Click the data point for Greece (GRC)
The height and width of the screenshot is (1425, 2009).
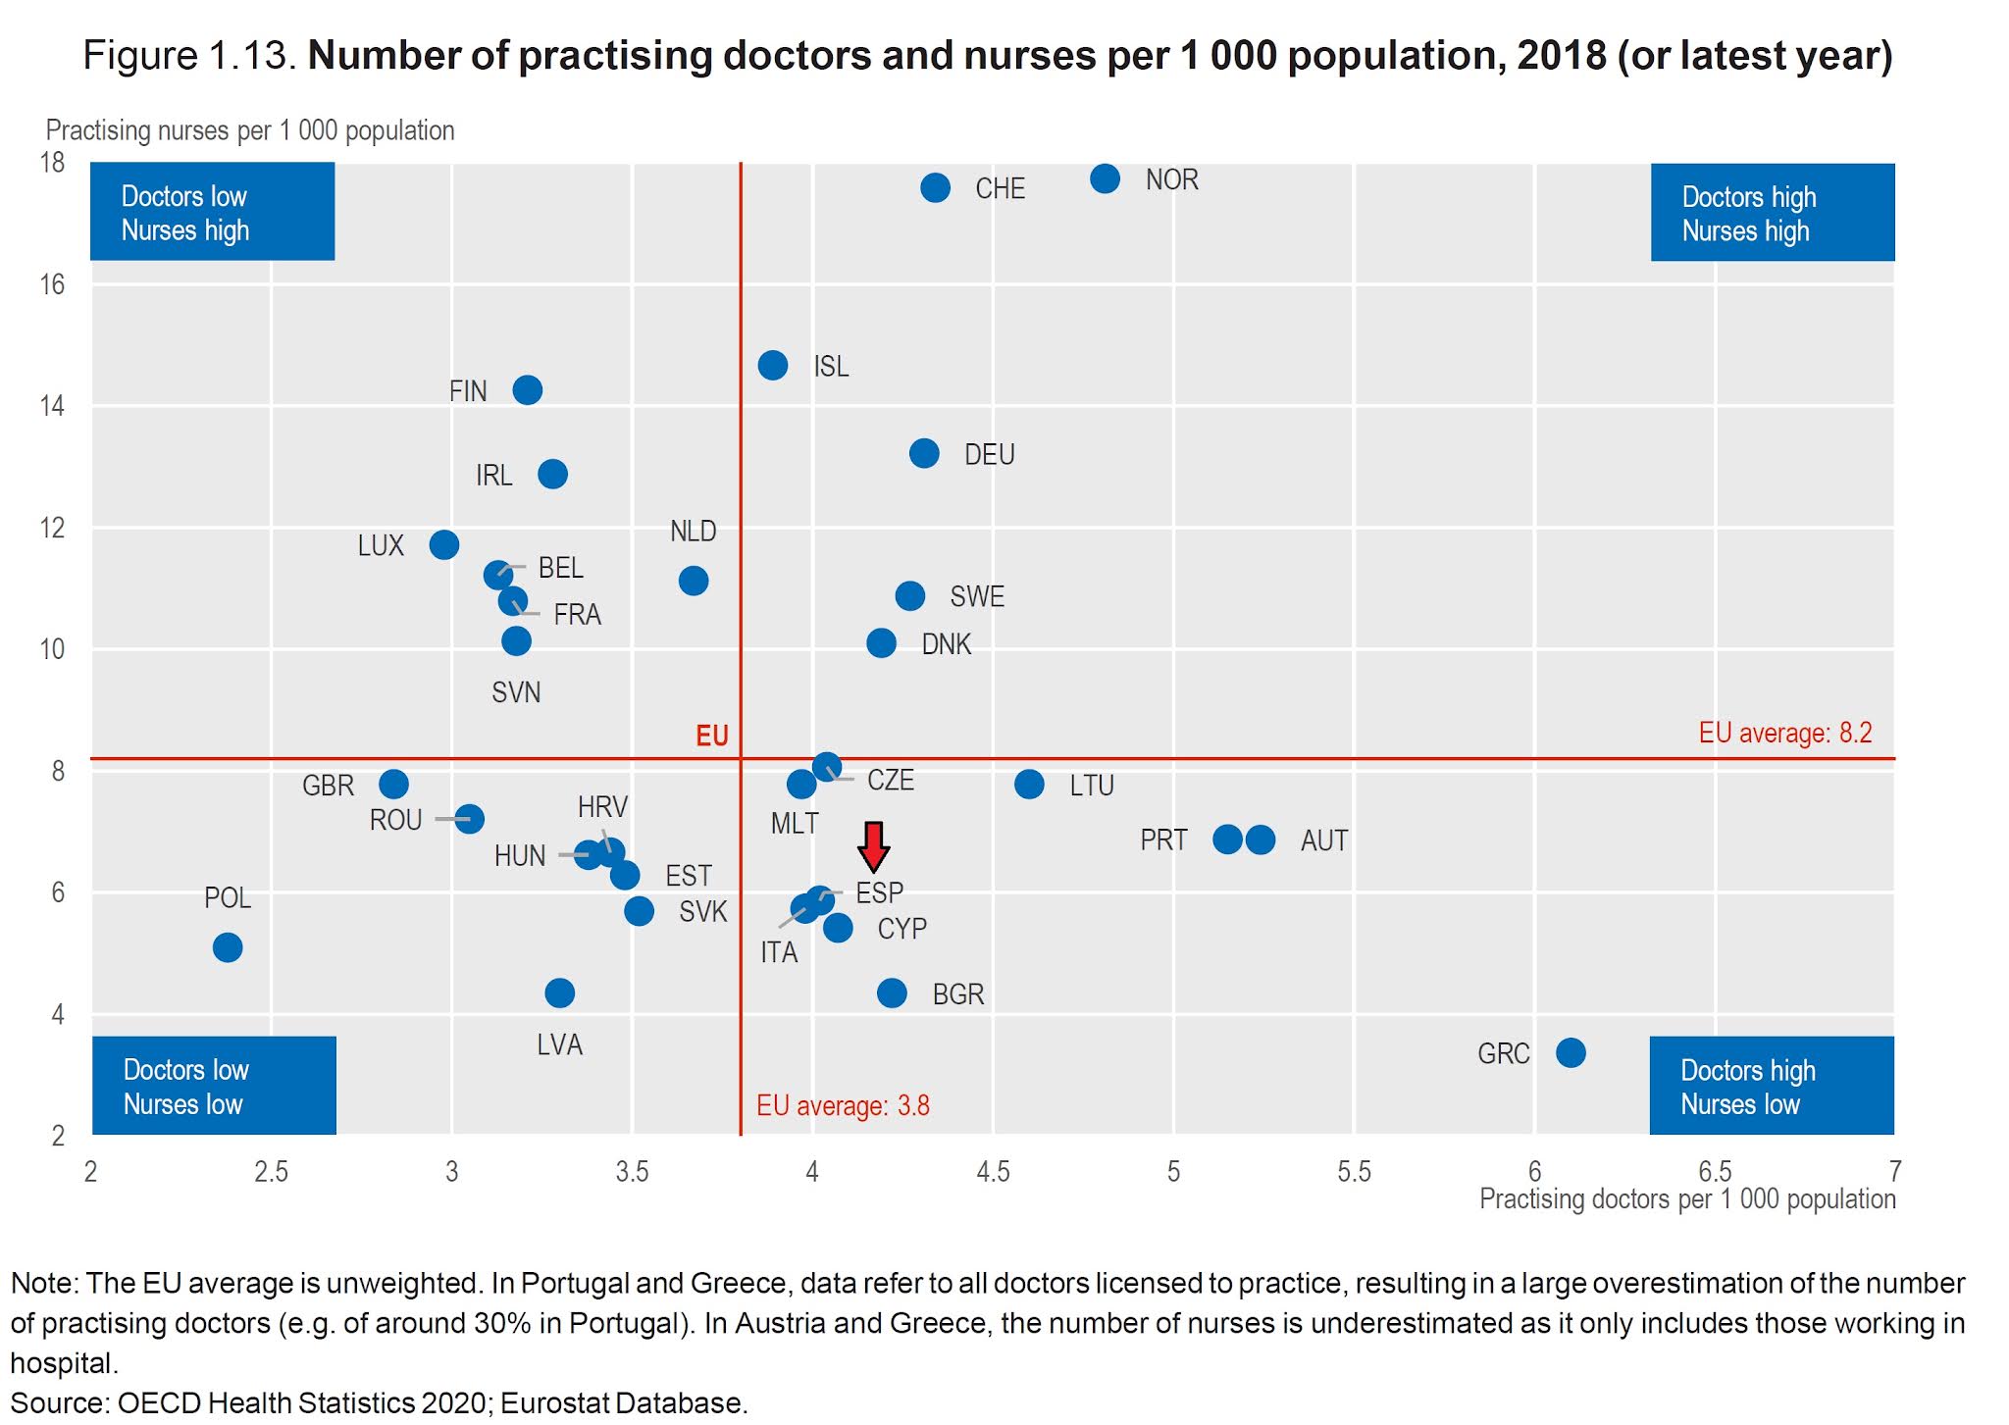[x=1571, y=1052]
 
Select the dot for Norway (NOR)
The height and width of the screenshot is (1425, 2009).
[x=1105, y=178]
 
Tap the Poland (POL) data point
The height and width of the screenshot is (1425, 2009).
[x=228, y=947]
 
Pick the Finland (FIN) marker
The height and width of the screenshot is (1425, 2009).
[x=528, y=390]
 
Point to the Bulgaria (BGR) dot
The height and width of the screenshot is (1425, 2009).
[x=892, y=992]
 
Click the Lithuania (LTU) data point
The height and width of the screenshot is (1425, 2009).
[x=1029, y=784]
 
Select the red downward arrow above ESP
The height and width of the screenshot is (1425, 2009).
[x=873, y=846]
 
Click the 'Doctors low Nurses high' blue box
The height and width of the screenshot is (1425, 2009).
[x=212, y=212]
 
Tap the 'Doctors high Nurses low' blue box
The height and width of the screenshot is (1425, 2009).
[x=1772, y=1086]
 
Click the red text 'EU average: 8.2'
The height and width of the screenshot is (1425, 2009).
[x=1784, y=733]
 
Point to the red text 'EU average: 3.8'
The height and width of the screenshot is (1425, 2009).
[x=843, y=1105]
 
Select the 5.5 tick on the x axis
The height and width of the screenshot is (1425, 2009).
[x=1354, y=1171]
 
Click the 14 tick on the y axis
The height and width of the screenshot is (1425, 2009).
[x=52, y=406]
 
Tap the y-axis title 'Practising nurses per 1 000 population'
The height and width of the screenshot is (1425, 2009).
[x=250, y=130]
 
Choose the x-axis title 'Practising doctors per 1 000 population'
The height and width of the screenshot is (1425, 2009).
[x=1686, y=1198]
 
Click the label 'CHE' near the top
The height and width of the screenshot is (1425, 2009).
[x=1000, y=188]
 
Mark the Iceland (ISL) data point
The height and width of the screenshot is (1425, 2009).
[x=773, y=366]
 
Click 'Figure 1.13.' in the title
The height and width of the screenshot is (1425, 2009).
[x=189, y=55]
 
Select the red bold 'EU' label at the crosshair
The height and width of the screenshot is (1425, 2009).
[x=712, y=737]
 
